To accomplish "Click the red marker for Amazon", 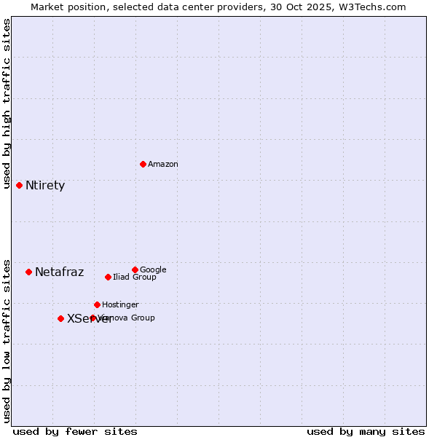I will tap(143, 164).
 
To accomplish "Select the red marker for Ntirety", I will tap(19, 185).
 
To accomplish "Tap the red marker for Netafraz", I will tap(28, 272).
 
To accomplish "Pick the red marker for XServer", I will tap(60, 318).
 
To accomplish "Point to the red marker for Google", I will tap(135, 269).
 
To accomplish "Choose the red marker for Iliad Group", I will tap(108, 277).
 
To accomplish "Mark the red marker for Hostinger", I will tap(97, 304).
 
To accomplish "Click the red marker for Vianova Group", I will tap(92, 318).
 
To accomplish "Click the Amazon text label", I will tap(163, 165).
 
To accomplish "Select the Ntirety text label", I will tap(45, 186).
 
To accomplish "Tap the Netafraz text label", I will tap(59, 272).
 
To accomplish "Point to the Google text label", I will tap(153, 270).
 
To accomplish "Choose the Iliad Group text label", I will tap(135, 277).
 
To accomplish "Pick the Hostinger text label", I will tap(120, 305).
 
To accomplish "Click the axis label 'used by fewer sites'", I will tap(75, 431).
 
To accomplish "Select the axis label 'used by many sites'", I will tap(366, 431).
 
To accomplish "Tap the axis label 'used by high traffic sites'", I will tap(7, 103).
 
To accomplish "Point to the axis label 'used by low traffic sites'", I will tap(7, 340).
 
